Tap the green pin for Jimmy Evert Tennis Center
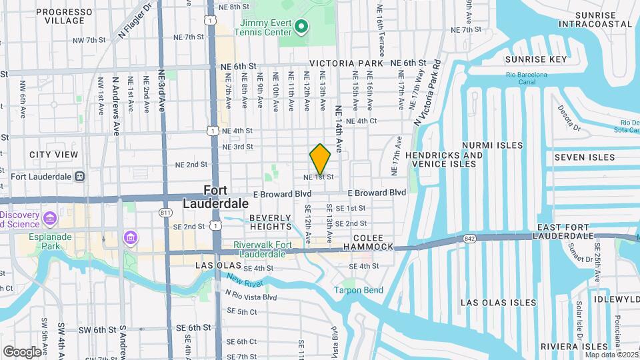[x=301, y=27]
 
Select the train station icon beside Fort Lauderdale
[x=79, y=177]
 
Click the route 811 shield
[x=165, y=212]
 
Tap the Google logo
[x=22, y=351]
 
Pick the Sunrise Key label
[x=535, y=59]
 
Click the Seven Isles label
[x=575, y=157]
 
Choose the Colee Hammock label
[x=369, y=241]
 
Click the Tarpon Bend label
[x=359, y=290]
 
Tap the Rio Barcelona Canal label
[x=526, y=79]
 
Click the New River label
[x=241, y=280]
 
